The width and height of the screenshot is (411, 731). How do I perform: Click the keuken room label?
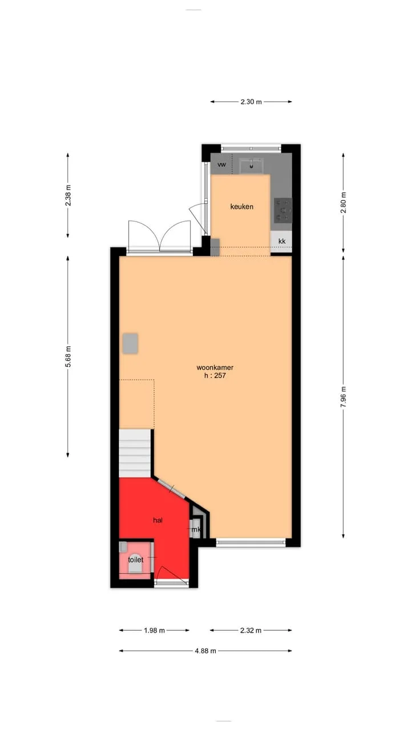[241, 207]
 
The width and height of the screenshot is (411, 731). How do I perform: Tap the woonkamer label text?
[215, 367]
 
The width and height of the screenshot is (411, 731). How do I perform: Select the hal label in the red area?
[158, 520]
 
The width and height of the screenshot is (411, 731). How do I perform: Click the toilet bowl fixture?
[135, 563]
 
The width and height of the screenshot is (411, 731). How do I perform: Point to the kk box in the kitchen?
[281, 242]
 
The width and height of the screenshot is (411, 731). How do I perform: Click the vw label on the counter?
[221, 164]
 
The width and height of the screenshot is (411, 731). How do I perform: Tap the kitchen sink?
[252, 166]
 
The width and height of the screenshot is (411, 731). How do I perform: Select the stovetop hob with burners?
[283, 211]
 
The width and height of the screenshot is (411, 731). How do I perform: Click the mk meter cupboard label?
[196, 529]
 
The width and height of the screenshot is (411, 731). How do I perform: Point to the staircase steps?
[135, 453]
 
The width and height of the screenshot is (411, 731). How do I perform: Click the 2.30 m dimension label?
[251, 102]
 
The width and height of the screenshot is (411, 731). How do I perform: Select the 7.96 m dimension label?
[343, 397]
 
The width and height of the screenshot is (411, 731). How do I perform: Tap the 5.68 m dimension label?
[68, 356]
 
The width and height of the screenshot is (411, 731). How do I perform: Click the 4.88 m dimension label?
[205, 651]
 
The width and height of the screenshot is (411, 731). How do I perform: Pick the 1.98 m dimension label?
[154, 630]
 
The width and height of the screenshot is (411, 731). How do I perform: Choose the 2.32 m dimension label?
[251, 630]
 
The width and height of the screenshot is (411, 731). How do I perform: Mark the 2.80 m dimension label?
[343, 203]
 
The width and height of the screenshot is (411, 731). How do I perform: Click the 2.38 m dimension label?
[68, 195]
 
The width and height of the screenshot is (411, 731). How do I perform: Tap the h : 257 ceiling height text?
[215, 376]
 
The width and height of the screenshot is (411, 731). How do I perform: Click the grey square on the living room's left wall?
[130, 343]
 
